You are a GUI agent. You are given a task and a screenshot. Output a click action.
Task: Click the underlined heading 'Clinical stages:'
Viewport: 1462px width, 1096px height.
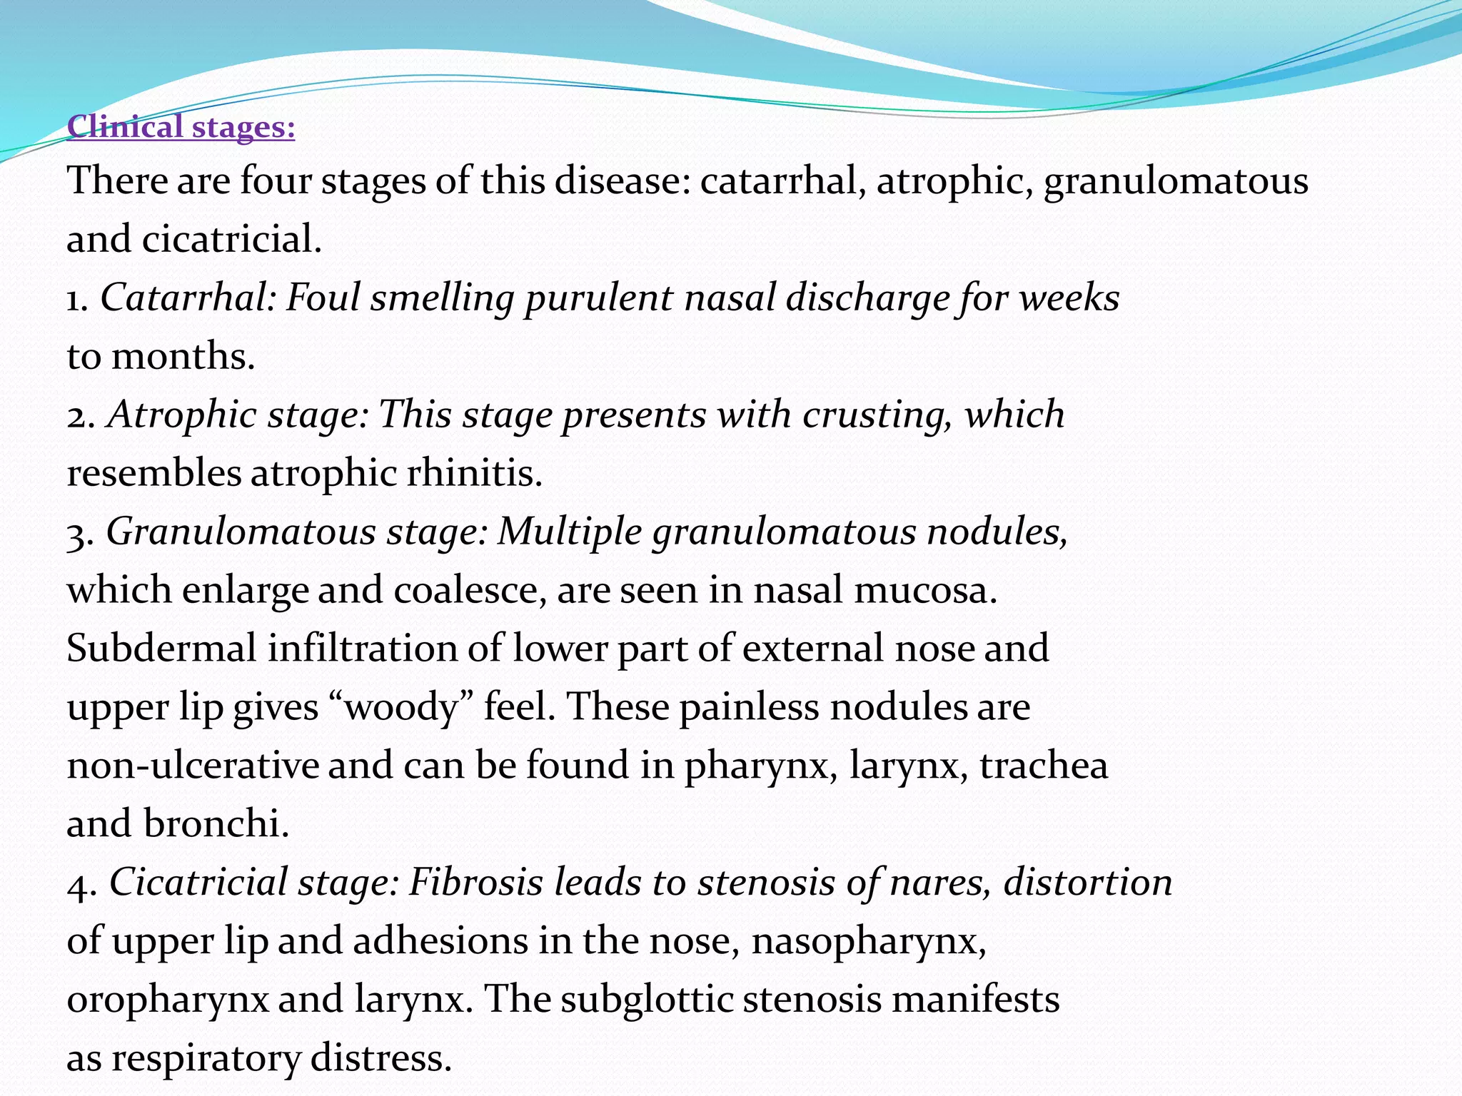click(181, 127)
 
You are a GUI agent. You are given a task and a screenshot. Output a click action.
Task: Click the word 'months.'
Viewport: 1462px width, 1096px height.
click(183, 356)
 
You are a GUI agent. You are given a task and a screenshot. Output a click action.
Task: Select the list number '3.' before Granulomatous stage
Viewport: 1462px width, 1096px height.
click(81, 533)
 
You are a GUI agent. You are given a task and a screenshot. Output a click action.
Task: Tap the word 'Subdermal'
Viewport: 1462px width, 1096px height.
click(161, 649)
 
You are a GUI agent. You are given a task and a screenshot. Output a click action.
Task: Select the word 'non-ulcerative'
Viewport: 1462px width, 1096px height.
click(193, 766)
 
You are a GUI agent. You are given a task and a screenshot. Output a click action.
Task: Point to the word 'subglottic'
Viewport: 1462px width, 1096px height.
click(647, 1000)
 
